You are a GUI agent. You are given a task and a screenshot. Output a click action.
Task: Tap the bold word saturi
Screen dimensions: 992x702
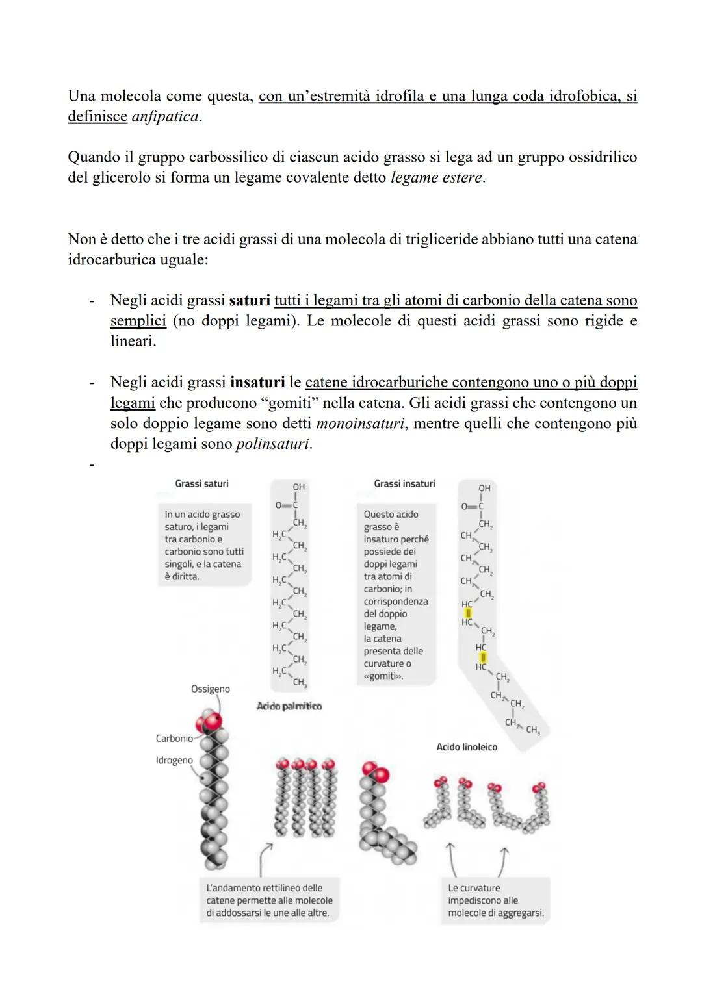coord(250,301)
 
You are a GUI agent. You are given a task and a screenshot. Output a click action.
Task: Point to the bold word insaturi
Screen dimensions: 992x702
coord(257,383)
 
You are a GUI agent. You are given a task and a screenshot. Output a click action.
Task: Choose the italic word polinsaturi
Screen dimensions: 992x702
coord(273,444)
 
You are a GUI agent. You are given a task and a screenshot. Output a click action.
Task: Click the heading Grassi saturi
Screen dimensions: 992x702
coord(201,484)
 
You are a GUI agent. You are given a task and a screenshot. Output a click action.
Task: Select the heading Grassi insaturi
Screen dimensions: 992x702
coord(404,484)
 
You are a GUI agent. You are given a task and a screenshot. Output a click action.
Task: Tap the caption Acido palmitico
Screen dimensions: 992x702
coord(289,706)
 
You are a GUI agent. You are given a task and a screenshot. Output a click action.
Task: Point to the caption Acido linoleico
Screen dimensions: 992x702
coord(467,748)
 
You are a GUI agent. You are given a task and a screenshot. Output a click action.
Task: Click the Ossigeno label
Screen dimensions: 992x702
coord(210,689)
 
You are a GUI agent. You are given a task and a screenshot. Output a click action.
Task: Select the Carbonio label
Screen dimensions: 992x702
coord(174,739)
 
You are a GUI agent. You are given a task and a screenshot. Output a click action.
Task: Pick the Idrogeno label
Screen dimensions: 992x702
coord(174,761)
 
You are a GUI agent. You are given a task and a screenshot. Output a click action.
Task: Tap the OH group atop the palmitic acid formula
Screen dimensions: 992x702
coord(298,487)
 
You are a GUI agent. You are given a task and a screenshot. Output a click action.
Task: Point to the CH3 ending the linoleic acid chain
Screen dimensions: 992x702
coord(533,730)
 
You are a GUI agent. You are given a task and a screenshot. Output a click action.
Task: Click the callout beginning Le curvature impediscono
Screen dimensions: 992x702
coord(495,900)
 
